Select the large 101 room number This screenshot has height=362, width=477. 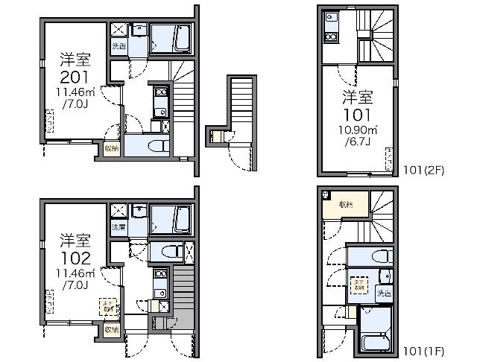[358, 115]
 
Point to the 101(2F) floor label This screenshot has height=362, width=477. [424, 170]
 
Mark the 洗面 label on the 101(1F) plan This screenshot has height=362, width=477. [385, 293]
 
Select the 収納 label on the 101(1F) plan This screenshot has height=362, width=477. [347, 204]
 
